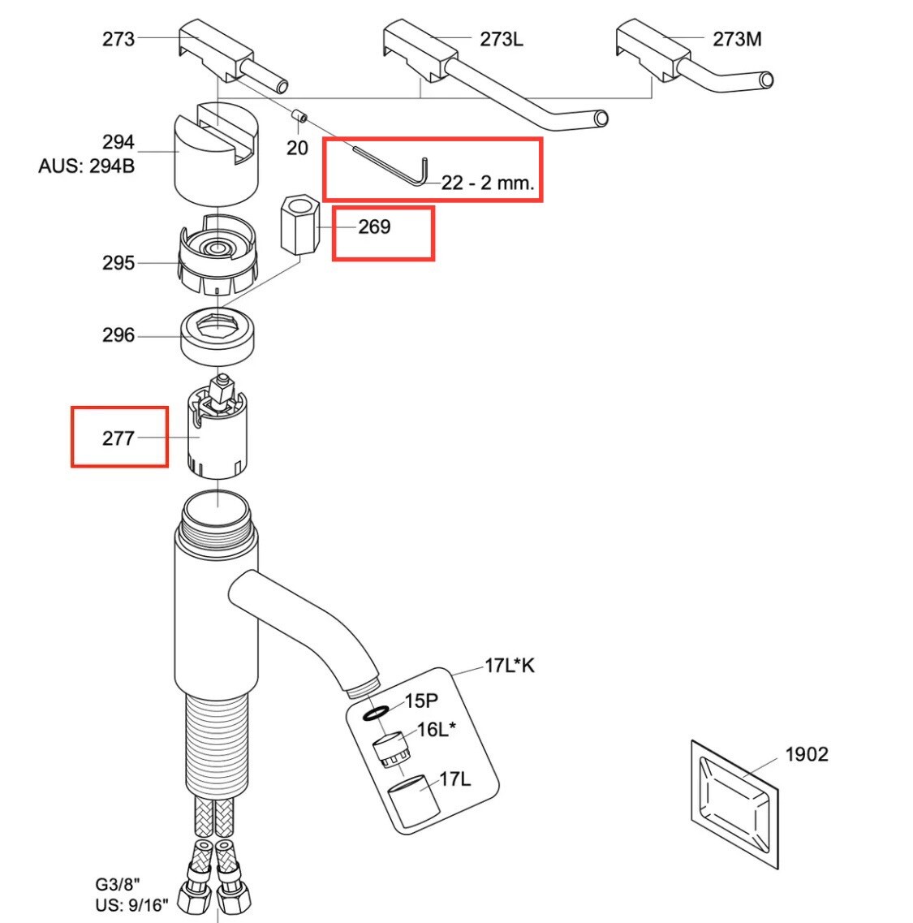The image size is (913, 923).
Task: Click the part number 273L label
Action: click(501, 40)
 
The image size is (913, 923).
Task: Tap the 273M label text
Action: click(736, 40)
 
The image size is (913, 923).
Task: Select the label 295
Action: click(118, 263)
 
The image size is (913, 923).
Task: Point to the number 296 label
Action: click(118, 335)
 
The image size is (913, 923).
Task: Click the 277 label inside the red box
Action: click(118, 438)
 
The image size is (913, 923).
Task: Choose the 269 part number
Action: click(374, 226)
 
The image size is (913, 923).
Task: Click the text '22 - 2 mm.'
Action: click(488, 183)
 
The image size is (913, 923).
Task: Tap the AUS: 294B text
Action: click(87, 166)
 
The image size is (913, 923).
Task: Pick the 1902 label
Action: click(807, 754)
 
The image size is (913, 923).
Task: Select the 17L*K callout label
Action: click(510, 666)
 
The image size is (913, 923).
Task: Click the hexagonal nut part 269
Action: click(300, 226)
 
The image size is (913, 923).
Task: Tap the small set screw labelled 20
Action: click(300, 116)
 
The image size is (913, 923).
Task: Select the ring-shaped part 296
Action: click(217, 336)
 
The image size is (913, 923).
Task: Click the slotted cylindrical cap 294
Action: click(217, 154)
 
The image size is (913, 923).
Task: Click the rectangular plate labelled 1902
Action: click(734, 804)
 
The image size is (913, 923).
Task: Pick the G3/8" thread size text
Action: click(118, 884)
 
